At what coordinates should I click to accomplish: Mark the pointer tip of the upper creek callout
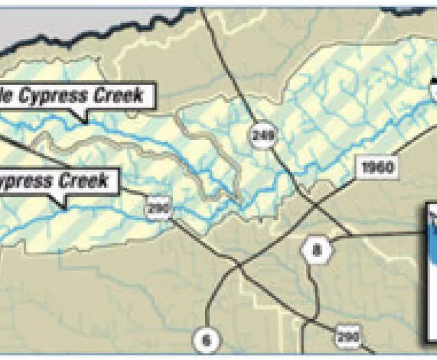pyautogui.click(x=87, y=122)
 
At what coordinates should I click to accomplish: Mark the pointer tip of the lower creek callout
pyautogui.click(x=64, y=208)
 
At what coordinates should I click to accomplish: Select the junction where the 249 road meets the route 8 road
pyautogui.click(x=351, y=235)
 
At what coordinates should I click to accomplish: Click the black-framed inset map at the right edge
pyautogui.click(x=432, y=271)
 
